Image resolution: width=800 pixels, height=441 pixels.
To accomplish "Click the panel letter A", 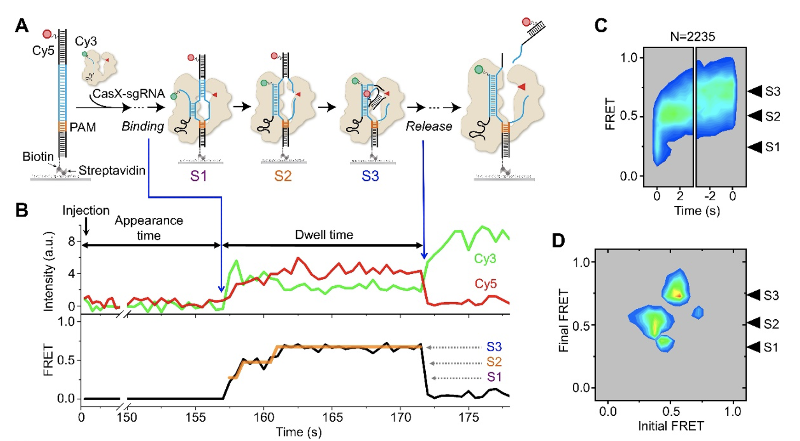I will (x=22, y=25).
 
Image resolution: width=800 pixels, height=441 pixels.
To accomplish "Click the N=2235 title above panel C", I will (x=692, y=37).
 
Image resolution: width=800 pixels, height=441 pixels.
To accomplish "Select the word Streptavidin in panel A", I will (x=112, y=170).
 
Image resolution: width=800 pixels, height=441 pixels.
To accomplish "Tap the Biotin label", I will (x=38, y=157).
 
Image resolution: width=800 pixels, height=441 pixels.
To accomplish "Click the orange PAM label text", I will (x=83, y=127).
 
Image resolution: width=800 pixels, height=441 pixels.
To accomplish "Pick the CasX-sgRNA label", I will (x=128, y=94).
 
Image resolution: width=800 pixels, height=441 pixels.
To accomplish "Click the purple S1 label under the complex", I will (x=199, y=176).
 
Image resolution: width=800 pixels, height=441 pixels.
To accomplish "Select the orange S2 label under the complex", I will (x=283, y=176).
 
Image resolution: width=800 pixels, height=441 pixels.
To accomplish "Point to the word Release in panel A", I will (x=429, y=126).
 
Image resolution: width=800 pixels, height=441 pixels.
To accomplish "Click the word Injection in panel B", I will (x=86, y=210).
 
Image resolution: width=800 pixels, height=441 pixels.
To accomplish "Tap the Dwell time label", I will (x=324, y=235).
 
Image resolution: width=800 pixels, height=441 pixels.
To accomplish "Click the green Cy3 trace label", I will (x=485, y=259).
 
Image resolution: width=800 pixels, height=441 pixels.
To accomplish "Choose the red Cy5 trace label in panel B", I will (x=486, y=284).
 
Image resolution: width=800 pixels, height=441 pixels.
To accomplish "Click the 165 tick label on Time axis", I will (x=332, y=417).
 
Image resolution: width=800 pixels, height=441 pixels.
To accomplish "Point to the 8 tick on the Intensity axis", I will (x=71, y=242).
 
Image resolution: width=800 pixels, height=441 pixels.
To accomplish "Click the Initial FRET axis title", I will (x=670, y=426).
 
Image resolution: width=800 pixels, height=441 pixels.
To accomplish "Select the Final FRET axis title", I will (x=564, y=320).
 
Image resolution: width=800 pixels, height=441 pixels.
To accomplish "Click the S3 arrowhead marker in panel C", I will (x=754, y=91).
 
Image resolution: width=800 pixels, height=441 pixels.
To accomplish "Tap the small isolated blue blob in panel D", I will (x=698, y=312).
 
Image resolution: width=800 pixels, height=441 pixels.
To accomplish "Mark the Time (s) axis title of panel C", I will (x=697, y=210).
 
